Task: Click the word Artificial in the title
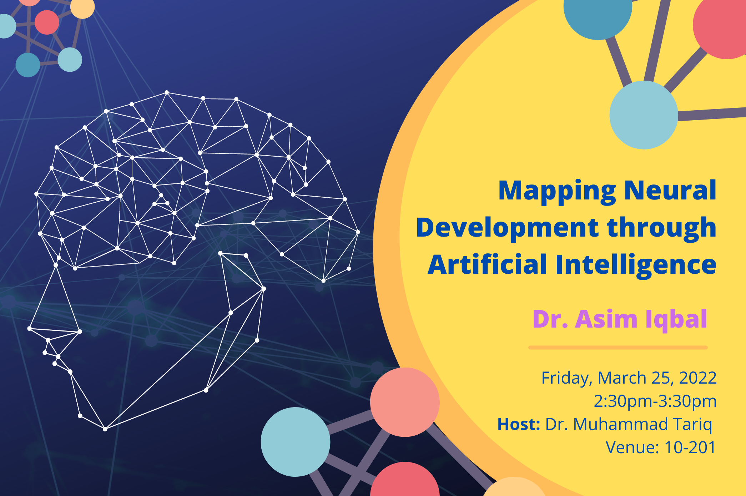click(487, 265)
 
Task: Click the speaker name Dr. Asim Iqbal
click(620, 319)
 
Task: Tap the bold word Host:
click(518, 424)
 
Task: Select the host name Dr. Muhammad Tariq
click(629, 424)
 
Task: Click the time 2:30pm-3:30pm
click(655, 401)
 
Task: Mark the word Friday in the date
click(566, 378)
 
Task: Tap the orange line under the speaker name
click(618, 348)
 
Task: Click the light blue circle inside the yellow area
click(644, 115)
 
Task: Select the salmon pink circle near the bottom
click(405, 402)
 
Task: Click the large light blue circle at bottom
click(295, 442)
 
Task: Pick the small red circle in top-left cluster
click(47, 22)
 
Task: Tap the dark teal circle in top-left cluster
click(28, 65)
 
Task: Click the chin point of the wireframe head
click(105, 429)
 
